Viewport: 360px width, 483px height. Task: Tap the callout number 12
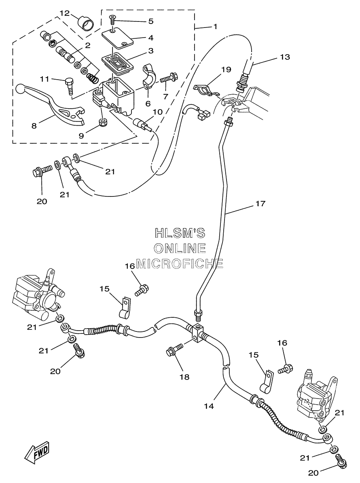point(65,13)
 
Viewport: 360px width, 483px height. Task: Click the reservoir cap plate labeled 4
point(118,38)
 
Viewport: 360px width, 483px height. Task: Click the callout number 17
point(260,204)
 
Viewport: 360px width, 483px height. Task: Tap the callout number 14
point(209,406)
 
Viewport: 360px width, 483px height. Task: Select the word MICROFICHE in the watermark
point(180,264)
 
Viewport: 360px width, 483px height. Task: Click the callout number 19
point(226,69)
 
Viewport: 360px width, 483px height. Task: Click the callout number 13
point(285,57)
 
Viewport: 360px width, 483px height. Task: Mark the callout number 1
point(215,27)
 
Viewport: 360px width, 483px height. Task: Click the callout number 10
point(157,112)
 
